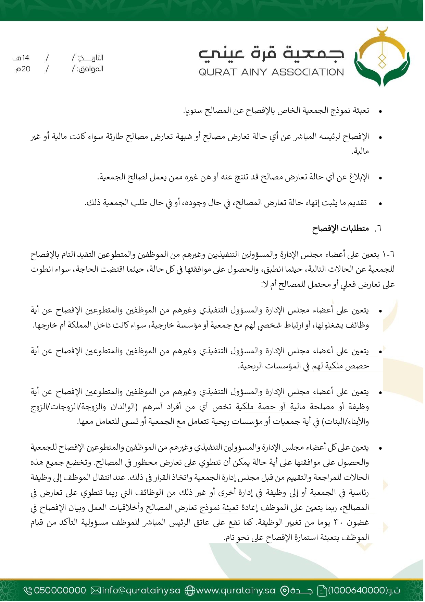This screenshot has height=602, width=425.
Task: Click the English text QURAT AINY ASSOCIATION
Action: [271, 72]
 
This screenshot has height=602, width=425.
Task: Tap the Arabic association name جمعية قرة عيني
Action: [271, 54]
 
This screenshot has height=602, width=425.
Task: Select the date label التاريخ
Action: [90, 58]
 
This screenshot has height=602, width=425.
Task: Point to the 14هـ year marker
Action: [22, 58]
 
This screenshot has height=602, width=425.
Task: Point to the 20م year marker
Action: [23, 69]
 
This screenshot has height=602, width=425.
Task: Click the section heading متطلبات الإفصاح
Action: [340, 228]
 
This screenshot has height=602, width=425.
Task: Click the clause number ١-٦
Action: [388, 255]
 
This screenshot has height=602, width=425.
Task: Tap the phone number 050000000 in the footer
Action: [60, 590]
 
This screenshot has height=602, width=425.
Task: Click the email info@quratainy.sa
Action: [141, 590]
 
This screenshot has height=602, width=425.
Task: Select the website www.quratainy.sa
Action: [236, 590]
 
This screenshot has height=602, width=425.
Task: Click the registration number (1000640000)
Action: [358, 590]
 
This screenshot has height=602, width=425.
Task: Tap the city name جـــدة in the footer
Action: [301, 590]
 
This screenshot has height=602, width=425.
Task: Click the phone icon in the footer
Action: [28, 590]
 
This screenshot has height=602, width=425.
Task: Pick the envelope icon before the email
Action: [96, 590]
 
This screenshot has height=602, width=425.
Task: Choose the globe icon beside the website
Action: [190, 590]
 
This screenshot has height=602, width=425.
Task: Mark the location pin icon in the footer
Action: [285, 590]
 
